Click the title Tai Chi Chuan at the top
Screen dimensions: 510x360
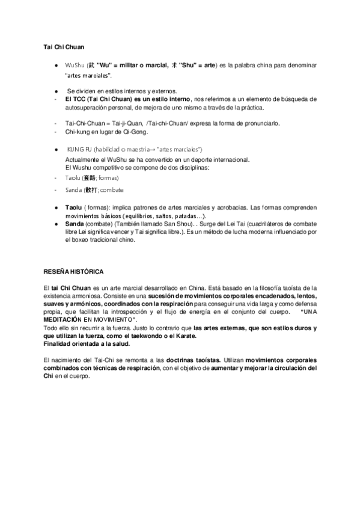point(64,46)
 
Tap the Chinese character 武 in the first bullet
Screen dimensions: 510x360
point(91,64)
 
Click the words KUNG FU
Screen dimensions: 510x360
point(79,149)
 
